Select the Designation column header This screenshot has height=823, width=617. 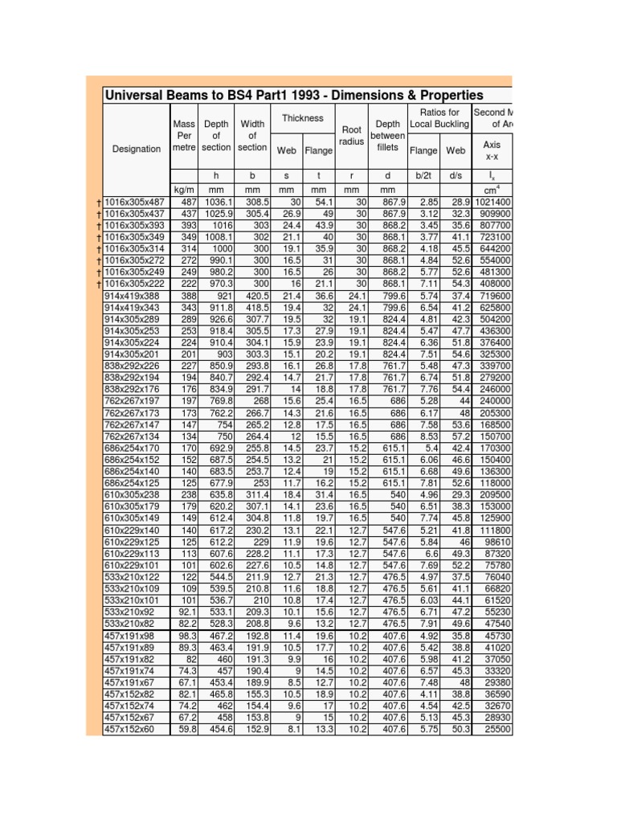tap(137, 149)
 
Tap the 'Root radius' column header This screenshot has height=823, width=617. tap(352, 135)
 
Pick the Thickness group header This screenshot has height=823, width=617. tap(303, 118)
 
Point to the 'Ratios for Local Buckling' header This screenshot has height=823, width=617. tap(439, 117)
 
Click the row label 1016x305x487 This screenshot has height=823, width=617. tap(137, 201)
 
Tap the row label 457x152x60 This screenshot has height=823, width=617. tap(133, 729)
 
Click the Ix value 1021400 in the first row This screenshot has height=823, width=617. tap(492, 201)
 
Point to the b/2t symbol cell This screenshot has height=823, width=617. tap(423, 175)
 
